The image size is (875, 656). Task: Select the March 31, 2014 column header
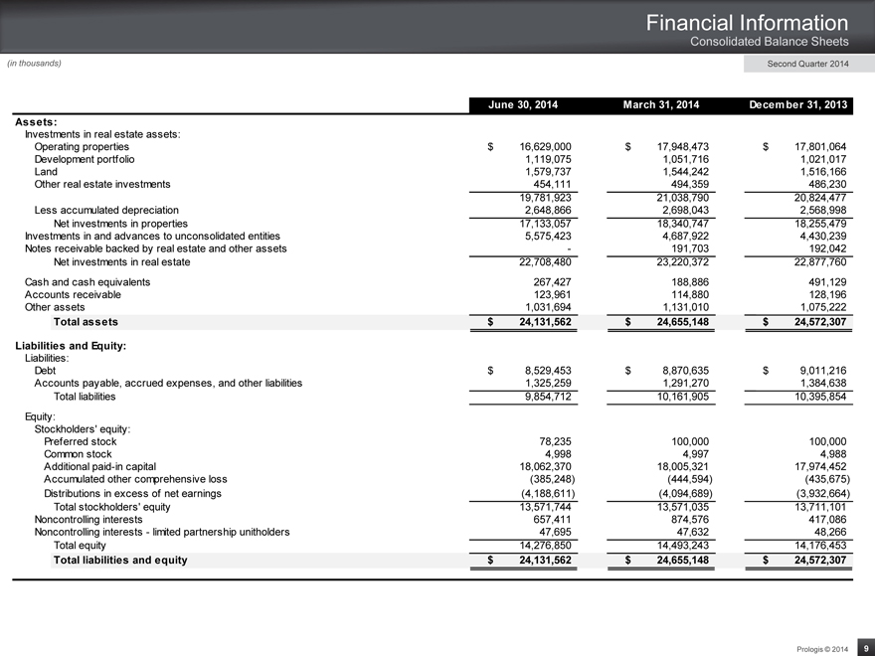point(661,105)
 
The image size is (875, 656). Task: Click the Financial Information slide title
point(747,22)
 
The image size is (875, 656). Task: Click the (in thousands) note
point(35,64)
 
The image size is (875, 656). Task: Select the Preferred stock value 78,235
point(553,441)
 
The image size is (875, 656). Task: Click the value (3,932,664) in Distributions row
point(813,493)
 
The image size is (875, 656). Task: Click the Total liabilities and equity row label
point(120,561)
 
